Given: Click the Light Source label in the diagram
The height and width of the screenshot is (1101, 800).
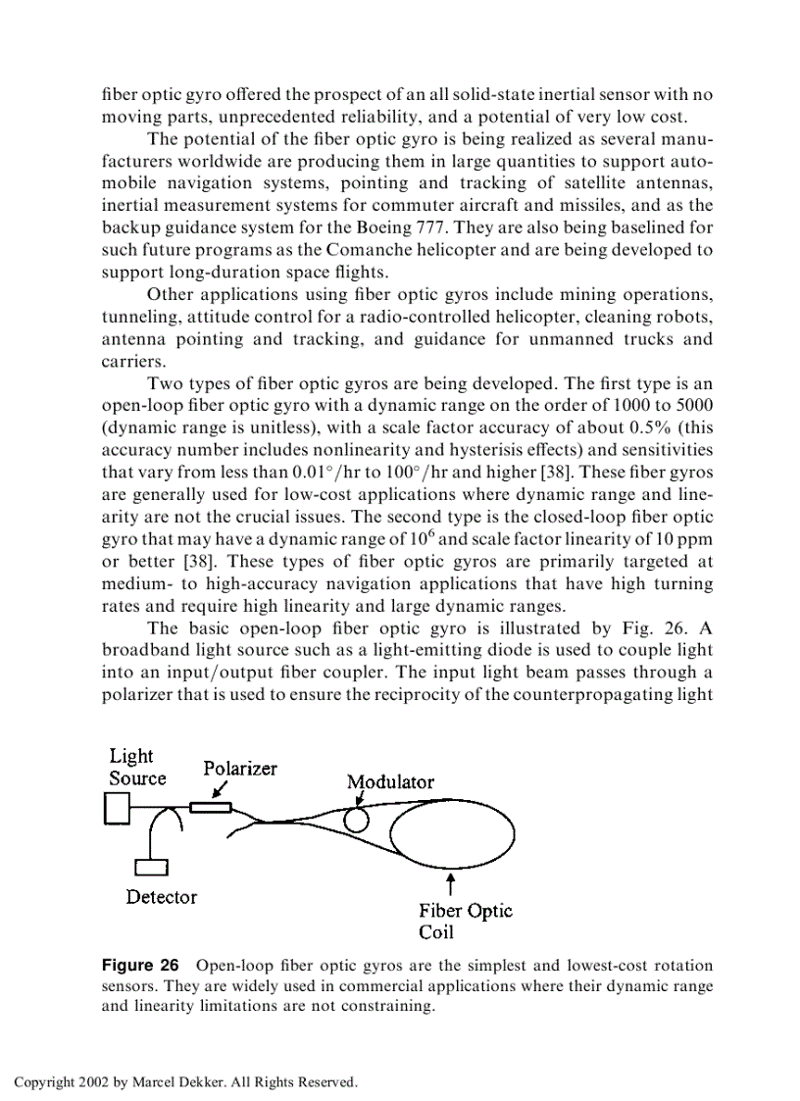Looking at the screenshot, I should [136, 767].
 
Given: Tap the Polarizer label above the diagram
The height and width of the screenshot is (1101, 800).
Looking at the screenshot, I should [239, 769].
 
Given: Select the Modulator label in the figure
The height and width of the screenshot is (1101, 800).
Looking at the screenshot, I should [389, 781].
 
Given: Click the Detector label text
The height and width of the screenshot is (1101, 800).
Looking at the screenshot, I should [161, 897].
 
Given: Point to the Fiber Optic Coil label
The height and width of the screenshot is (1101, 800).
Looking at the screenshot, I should [465, 921].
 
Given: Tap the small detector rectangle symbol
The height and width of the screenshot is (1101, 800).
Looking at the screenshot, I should [152, 866].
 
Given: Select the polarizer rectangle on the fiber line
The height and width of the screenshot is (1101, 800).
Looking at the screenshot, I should [210, 807].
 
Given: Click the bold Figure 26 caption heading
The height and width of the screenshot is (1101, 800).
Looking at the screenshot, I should [140, 966].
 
